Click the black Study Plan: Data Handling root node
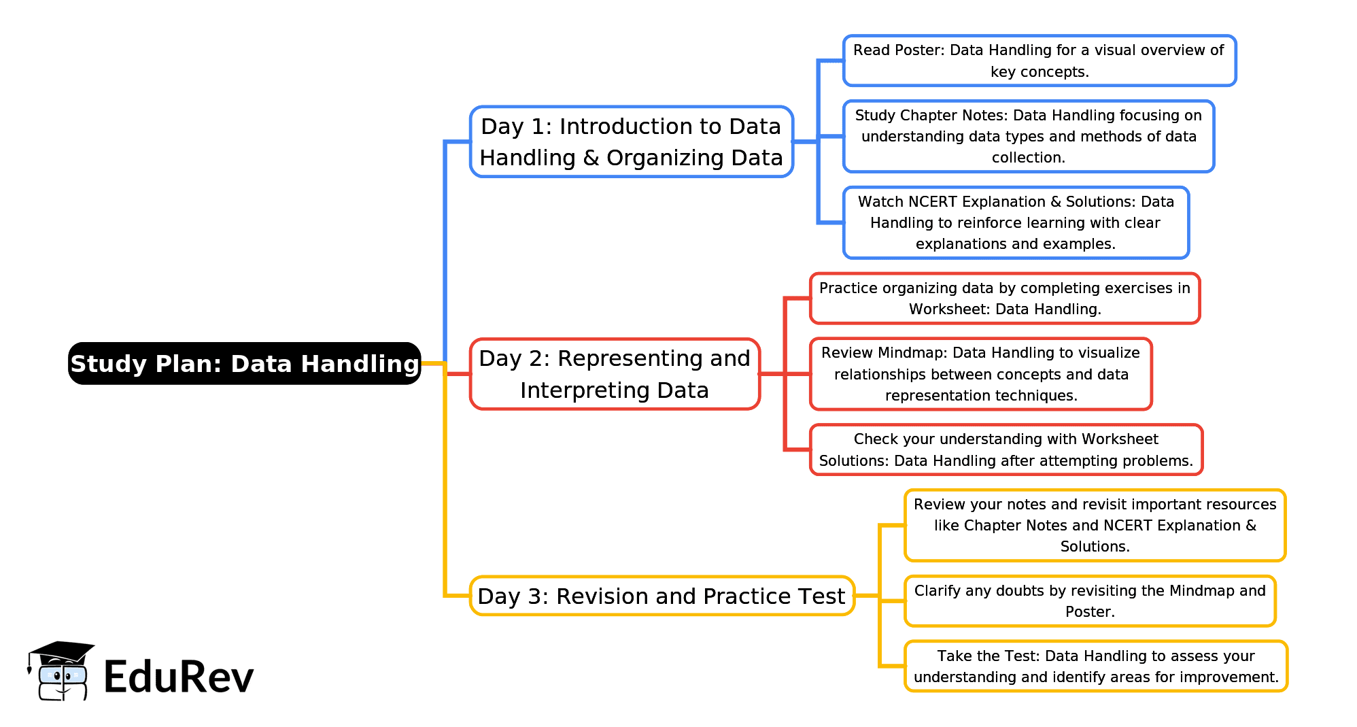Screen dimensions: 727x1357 [x=245, y=364]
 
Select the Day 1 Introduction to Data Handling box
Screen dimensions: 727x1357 [x=632, y=142]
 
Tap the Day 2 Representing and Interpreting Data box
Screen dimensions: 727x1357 [x=615, y=374]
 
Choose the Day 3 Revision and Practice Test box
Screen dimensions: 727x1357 [x=662, y=596]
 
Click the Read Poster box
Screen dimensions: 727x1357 [x=1039, y=61]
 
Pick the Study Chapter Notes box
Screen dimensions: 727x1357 [x=1028, y=136]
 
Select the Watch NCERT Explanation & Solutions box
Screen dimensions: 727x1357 [x=1016, y=222]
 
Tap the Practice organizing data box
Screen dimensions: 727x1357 [x=1004, y=299]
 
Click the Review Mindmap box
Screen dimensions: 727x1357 [x=980, y=374]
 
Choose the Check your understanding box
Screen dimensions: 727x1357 [x=1006, y=450]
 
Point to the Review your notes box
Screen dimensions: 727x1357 [x=1095, y=525]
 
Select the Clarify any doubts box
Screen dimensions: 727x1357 [x=1090, y=601]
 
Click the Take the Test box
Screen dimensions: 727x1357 [x=1095, y=666]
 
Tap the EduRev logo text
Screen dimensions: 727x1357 [x=178, y=677]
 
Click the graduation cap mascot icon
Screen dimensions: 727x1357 [x=61, y=671]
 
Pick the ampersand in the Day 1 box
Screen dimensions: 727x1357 [x=591, y=158]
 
